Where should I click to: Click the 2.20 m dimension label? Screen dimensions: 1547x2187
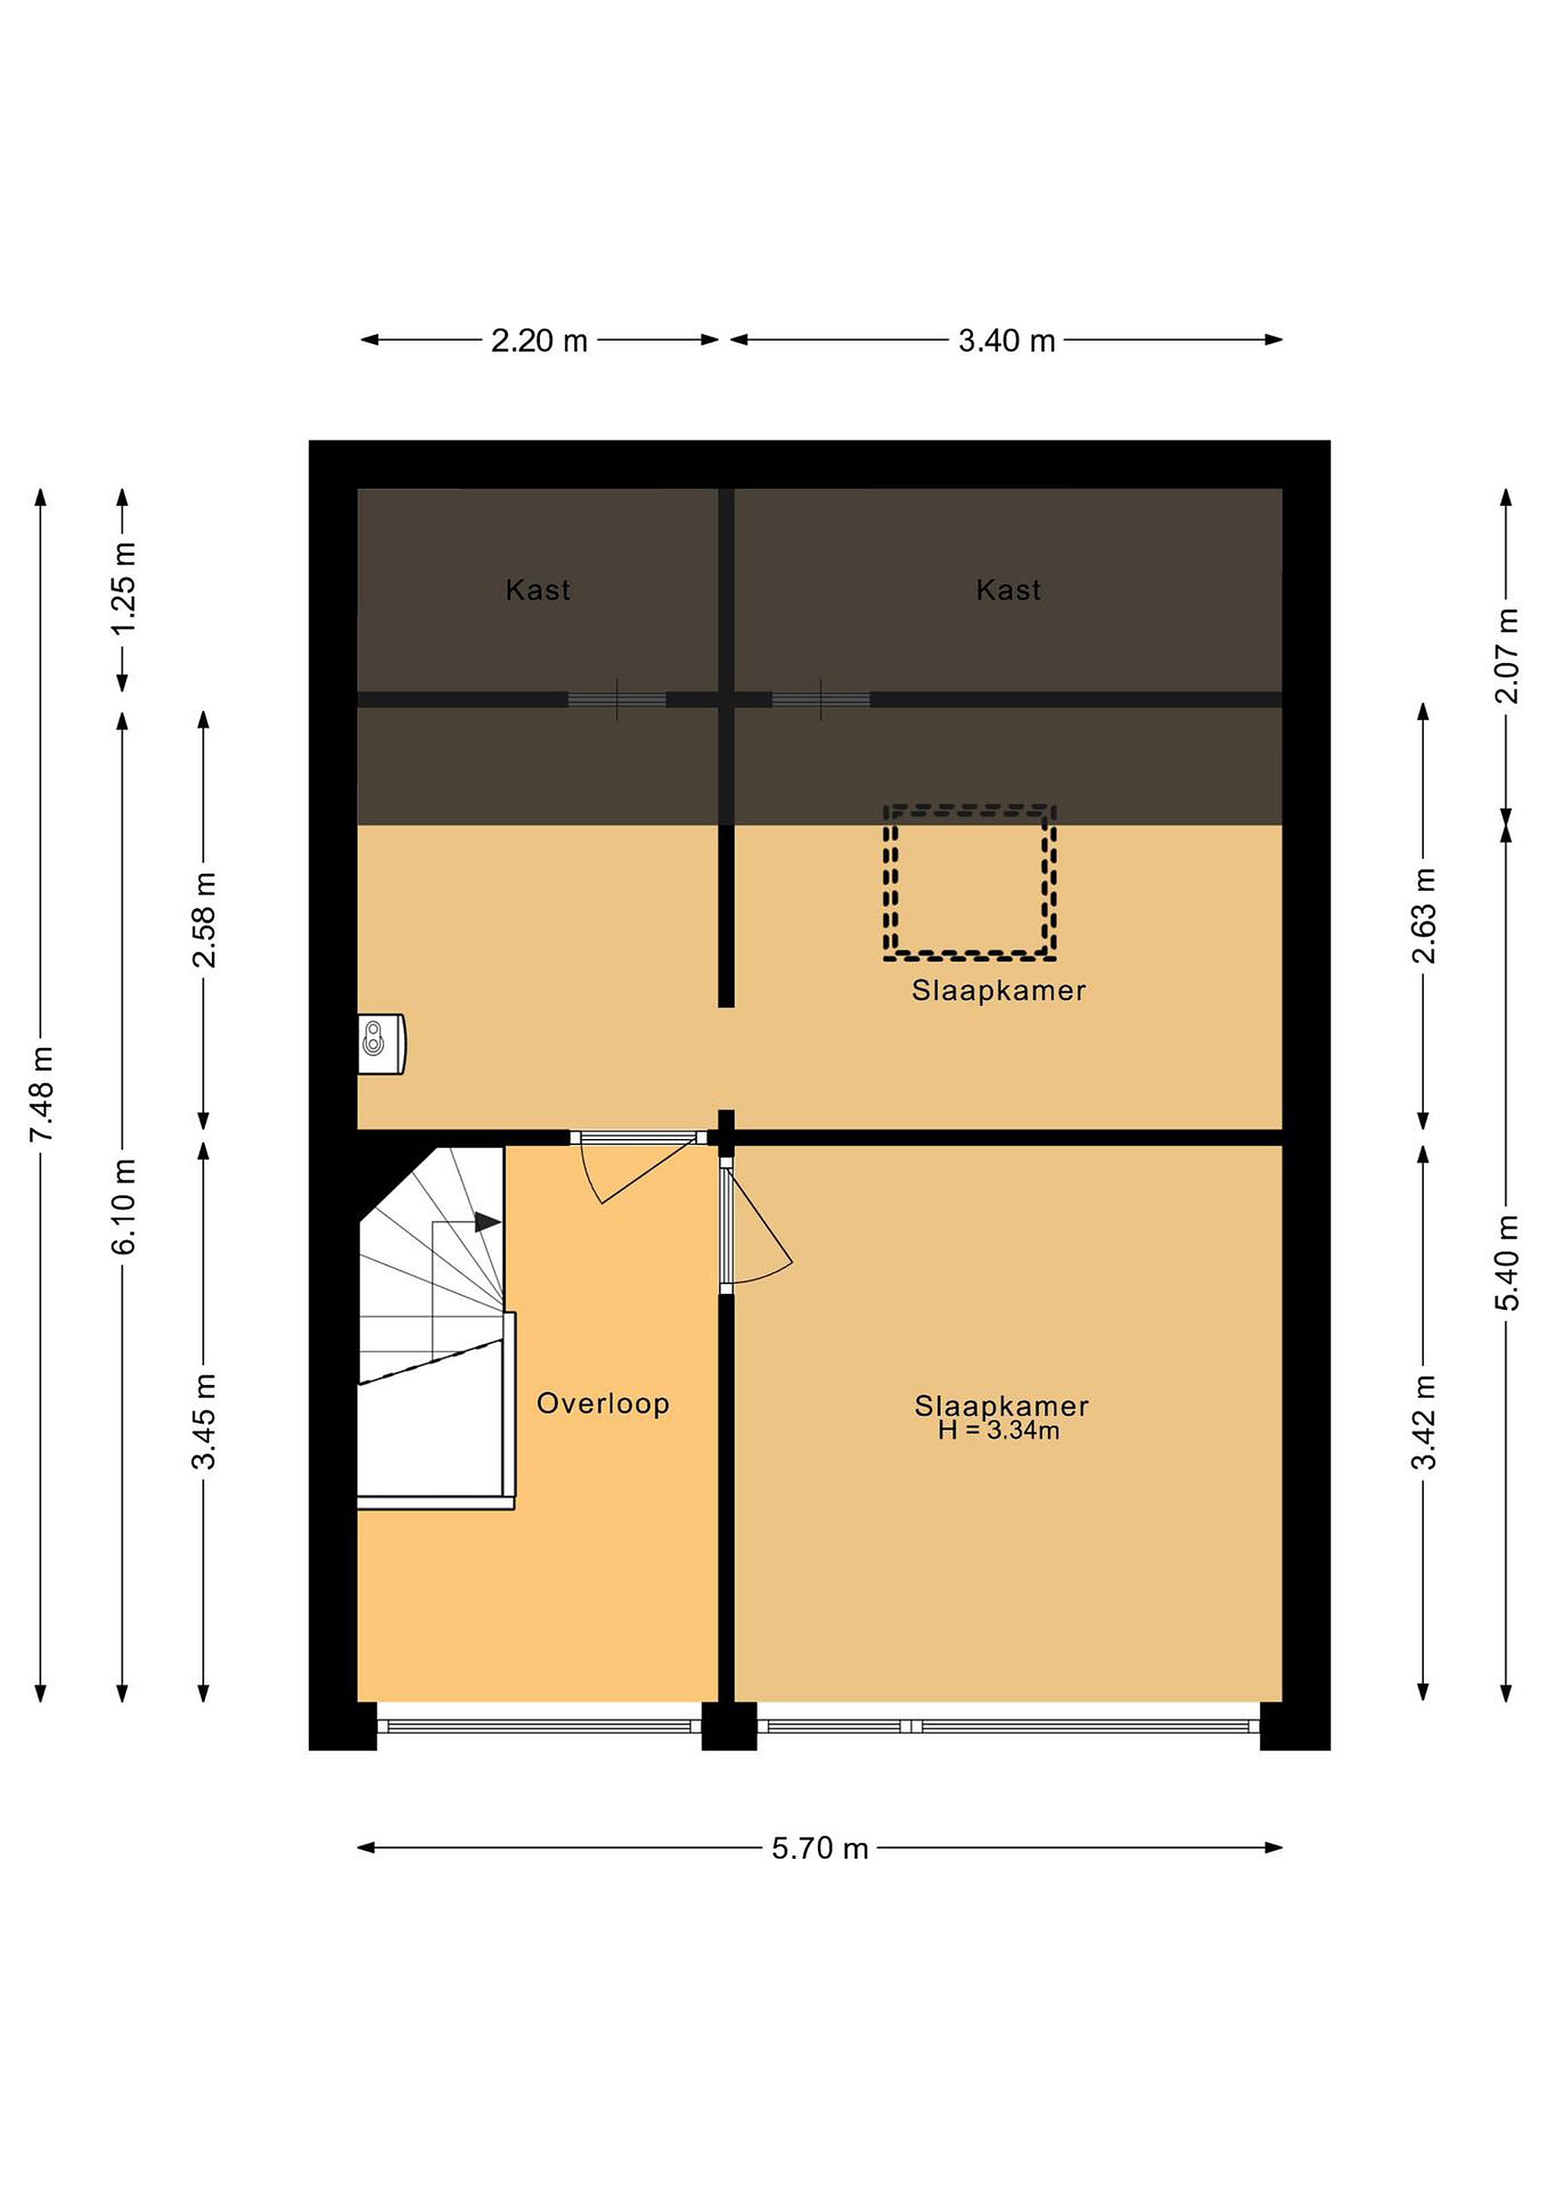coord(539,341)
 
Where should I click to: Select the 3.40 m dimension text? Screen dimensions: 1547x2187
coord(1007,341)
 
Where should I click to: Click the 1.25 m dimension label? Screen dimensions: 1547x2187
coord(124,588)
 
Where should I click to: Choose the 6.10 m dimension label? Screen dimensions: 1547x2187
coord(124,1206)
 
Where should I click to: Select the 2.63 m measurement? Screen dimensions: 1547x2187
coord(1425,915)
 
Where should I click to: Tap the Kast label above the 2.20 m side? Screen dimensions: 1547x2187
coord(538,591)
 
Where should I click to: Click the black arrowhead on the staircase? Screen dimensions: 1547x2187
coord(488,1221)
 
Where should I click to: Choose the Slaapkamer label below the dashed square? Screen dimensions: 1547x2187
coord(999,991)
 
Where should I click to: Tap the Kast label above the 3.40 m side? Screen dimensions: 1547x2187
coord(1009,591)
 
